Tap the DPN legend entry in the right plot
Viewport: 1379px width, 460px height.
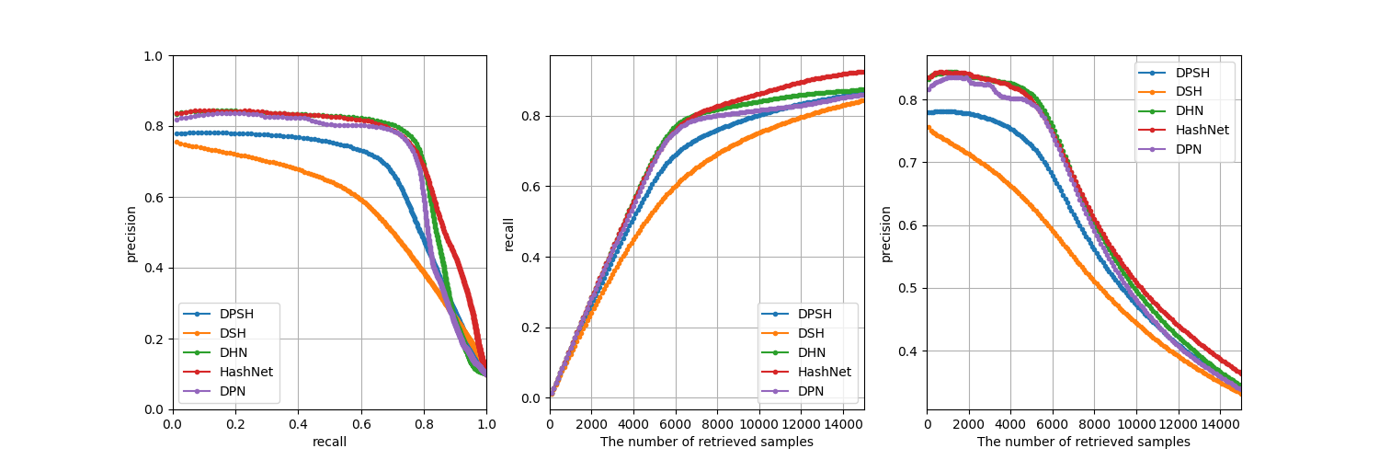coord(1191,149)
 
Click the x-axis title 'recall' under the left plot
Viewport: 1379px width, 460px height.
coord(329,442)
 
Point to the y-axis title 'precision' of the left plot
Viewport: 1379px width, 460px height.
coord(131,234)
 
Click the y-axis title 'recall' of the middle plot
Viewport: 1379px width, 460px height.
coord(508,234)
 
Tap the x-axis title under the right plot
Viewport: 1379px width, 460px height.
coord(1083,442)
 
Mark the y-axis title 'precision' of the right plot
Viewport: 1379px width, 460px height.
coord(886,234)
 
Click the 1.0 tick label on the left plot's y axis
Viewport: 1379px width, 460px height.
coord(154,56)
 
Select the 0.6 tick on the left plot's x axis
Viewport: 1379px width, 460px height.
coord(361,425)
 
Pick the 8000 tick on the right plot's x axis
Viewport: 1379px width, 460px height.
coord(1094,425)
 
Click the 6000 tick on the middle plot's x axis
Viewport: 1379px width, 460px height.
coord(676,425)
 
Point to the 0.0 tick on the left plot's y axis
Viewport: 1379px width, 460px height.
coord(154,410)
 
